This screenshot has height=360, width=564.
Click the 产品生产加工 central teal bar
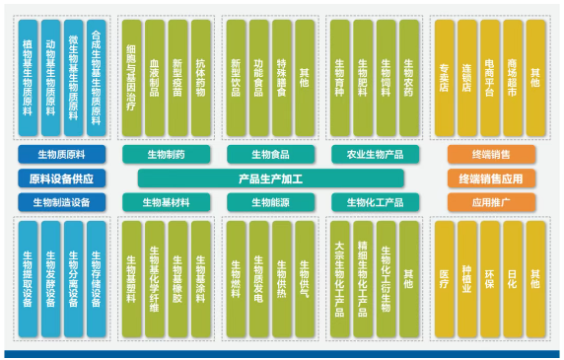pos(270,179)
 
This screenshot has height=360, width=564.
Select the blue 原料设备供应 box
pos(61,179)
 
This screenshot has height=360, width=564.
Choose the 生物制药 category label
pos(166,155)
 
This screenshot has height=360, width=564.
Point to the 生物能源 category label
pos(270,202)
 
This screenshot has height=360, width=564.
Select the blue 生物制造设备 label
pos(61,202)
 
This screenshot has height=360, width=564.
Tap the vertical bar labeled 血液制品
pos(154,78)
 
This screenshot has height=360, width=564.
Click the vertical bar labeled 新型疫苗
pos(177,78)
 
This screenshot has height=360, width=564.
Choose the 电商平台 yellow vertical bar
pos(489,78)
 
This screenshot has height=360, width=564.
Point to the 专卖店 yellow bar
pos(444,78)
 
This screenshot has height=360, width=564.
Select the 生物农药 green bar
pos(408,78)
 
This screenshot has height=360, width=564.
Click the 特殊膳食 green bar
pos(281,78)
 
